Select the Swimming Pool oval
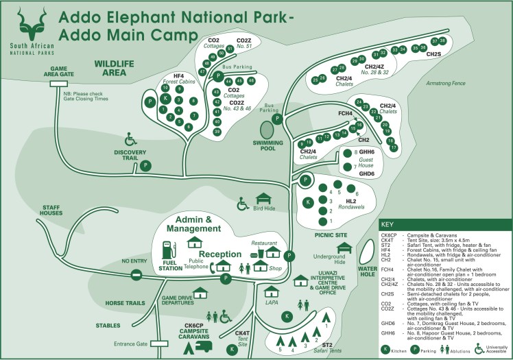click(267, 130)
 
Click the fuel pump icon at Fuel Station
click(167, 249)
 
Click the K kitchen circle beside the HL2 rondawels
click(309, 202)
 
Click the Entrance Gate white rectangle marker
click(159, 343)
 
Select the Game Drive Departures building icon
click(201, 292)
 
